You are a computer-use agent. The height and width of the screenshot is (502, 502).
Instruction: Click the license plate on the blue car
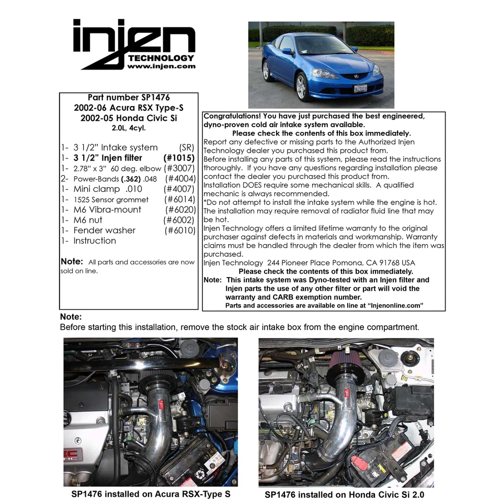point(360,88)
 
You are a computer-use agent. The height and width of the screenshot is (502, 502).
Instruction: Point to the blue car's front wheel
point(302,87)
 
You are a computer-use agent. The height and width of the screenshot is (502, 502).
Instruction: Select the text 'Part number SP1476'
point(129,97)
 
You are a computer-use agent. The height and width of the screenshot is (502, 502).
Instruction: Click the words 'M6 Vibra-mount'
point(107,209)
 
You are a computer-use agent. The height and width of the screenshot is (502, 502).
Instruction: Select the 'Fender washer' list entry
point(104,230)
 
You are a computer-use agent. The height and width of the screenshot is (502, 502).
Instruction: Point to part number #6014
point(179,199)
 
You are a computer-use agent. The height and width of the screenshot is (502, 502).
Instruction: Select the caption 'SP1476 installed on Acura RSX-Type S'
point(151,494)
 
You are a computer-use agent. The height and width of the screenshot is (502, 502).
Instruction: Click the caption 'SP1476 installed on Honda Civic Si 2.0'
point(348,494)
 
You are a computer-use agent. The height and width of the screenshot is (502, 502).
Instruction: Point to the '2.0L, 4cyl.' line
point(129,128)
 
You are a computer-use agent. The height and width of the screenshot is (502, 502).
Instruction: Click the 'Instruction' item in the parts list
point(95,241)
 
